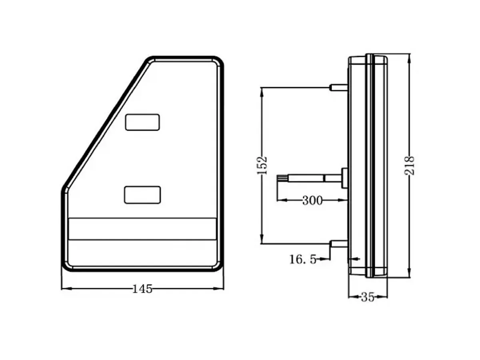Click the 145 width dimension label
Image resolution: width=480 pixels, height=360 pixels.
pyautogui.click(x=142, y=289)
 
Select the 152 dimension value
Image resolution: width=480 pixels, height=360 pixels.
pyautogui.click(x=262, y=165)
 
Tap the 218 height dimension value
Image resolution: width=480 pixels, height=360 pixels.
pyautogui.click(x=410, y=165)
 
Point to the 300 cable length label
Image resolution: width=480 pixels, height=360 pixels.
pyautogui.click(x=312, y=200)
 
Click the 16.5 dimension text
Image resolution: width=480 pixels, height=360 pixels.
pyautogui.click(x=302, y=260)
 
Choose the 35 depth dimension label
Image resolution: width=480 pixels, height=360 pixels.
pyautogui.click(x=367, y=297)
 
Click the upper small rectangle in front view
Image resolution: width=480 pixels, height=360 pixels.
pyautogui.click(x=143, y=122)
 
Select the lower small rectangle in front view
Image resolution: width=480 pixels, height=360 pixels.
pyautogui.click(x=143, y=194)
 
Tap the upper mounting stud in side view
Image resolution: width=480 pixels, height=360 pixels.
pyautogui.click(x=338, y=88)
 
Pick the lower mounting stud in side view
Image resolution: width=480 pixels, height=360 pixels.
pyautogui.click(x=338, y=243)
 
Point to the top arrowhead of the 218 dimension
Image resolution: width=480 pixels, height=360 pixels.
pyautogui.click(x=409, y=58)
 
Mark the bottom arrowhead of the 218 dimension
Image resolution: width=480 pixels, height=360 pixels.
pyautogui.click(x=409, y=273)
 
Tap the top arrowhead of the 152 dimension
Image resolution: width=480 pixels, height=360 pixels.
pyautogui.click(x=262, y=90)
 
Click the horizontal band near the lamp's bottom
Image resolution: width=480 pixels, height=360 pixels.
pyautogui.click(x=143, y=229)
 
